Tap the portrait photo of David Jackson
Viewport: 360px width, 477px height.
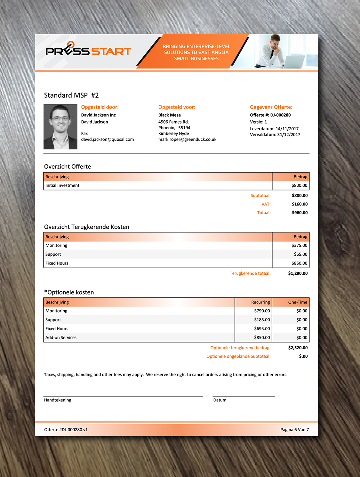(x=60, y=127)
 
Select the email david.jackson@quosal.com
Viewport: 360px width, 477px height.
(x=108, y=139)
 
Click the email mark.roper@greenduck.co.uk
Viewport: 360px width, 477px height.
(x=187, y=139)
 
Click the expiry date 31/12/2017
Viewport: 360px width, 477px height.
(x=289, y=134)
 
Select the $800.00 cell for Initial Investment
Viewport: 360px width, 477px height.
(x=299, y=185)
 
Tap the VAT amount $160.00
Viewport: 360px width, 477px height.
(x=300, y=204)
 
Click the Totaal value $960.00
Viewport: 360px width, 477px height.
(x=300, y=213)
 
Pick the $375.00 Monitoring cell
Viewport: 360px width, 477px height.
(x=299, y=245)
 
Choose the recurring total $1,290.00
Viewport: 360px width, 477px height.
(x=298, y=273)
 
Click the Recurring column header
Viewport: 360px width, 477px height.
(x=260, y=302)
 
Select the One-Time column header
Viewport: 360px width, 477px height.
(x=298, y=302)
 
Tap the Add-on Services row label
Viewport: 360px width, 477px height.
(x=61, y=337)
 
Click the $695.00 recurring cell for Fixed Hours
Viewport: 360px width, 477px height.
(x=262, y=328)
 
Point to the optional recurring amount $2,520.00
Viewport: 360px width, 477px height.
(x=298, y=348)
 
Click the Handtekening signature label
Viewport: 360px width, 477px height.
(x=58, y=400)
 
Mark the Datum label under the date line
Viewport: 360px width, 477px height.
(x=220, y=400)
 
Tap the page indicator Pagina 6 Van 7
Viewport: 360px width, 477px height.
(x=294, y=430)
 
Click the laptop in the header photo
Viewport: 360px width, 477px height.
(x=294, y=61)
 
